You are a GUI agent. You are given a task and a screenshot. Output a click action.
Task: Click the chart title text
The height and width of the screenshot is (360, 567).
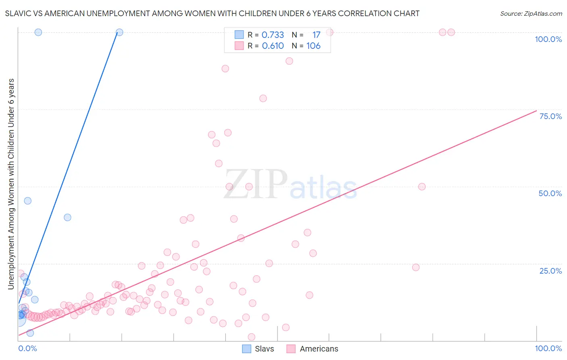coord(212,13)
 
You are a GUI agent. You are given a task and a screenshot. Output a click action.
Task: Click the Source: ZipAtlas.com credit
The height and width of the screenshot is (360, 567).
coord(531,13)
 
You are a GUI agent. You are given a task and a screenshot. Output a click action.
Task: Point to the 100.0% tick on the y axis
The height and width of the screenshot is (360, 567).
coord(548,39)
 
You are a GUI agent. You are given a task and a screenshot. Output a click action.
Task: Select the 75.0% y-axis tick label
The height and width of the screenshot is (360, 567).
coord(550,116)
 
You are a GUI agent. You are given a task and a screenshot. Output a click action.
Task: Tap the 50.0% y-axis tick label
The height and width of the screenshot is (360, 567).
coord(550,193)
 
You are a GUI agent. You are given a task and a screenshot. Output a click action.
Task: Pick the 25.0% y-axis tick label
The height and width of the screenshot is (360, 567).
coord(550,271)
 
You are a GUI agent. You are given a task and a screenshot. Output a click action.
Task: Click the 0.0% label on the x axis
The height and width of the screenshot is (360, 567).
coord(27,348)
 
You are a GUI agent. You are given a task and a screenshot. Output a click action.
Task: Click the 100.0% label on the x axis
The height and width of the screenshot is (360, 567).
coord(548,348)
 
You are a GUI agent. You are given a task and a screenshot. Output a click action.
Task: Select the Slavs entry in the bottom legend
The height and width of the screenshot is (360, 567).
coord(258,349)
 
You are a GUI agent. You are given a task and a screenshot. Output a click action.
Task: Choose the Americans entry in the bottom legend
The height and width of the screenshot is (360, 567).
coord(313,349)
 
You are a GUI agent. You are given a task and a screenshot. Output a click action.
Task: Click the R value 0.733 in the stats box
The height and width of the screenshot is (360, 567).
coord(273,35)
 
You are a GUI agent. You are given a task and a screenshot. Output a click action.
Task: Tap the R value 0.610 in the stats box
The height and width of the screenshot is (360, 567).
coord(273,46)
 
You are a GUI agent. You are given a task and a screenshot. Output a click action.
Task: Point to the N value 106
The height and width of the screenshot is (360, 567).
coord(313,46)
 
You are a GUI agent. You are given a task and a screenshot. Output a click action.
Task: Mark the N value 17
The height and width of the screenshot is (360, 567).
coord(316,35)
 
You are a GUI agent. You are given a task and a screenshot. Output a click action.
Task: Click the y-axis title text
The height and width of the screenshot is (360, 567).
coord(11,184)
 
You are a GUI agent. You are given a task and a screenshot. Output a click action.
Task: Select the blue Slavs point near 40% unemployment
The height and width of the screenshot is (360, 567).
coord(67,217)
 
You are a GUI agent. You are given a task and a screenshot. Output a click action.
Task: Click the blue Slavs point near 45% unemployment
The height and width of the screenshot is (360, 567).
coord(27,201)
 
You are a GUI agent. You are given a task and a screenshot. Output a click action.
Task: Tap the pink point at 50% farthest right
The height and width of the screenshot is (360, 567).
coord(422,186)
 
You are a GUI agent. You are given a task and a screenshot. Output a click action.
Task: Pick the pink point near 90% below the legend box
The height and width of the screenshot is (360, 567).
coord(289,61)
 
